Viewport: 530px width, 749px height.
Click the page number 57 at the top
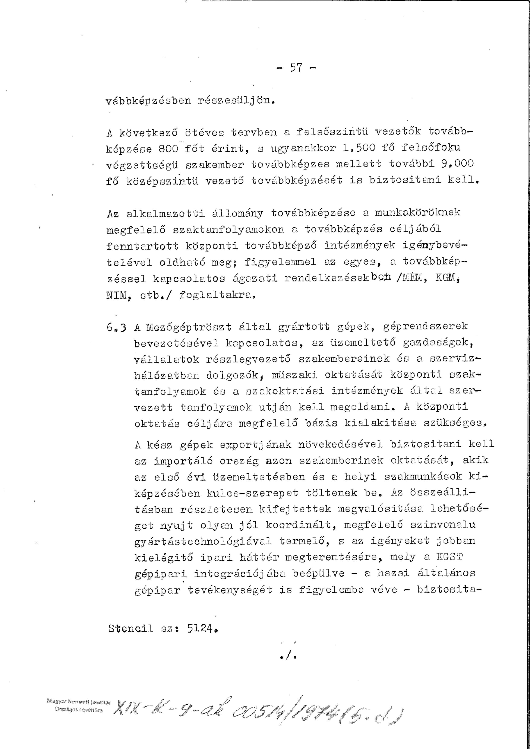(x=296, y=68)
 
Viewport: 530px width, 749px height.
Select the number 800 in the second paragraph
(x=168, y=149)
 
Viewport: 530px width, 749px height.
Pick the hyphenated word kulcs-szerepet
(x=252, y=493)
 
